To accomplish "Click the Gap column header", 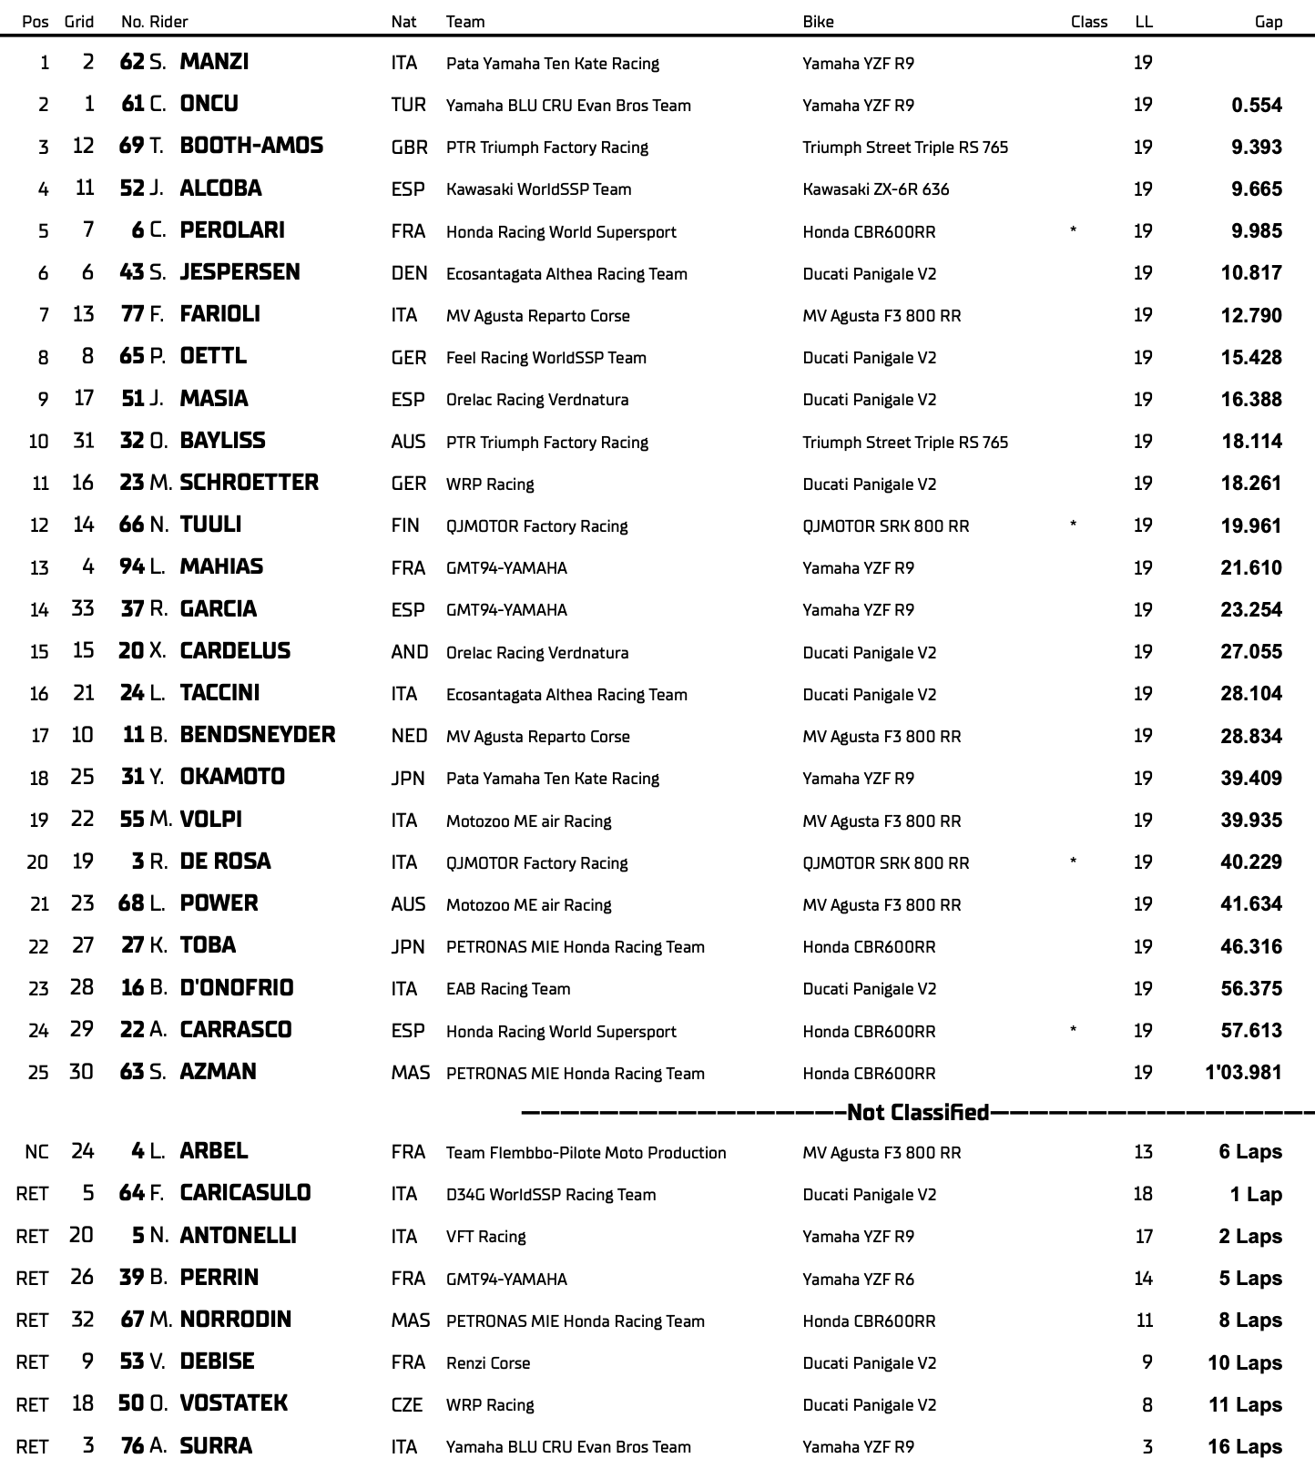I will [1268, 22].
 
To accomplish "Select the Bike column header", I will [818, 22].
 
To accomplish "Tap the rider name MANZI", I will [214, 62].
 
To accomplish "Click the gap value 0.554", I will [1256, 105].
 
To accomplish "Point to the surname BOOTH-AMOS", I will [251, 146].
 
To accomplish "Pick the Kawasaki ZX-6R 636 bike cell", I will [875, 189].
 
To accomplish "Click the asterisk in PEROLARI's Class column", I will [1074, 231].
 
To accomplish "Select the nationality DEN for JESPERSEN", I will [409, 273].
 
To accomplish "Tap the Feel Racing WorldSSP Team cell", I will [545, 358].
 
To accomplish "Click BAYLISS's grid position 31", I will [83, 441].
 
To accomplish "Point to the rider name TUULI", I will [210, 525].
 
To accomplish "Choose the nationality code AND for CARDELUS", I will [409, 652].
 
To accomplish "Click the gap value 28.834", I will [1250, 736].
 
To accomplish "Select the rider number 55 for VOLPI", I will [131, 820].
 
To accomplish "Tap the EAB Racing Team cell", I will [508, 989].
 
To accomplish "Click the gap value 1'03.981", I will [1242, 1073].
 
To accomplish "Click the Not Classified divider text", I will [917, 1112].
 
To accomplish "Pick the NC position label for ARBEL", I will [36, 1152].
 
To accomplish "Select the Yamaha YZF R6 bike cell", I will [858, 1279].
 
